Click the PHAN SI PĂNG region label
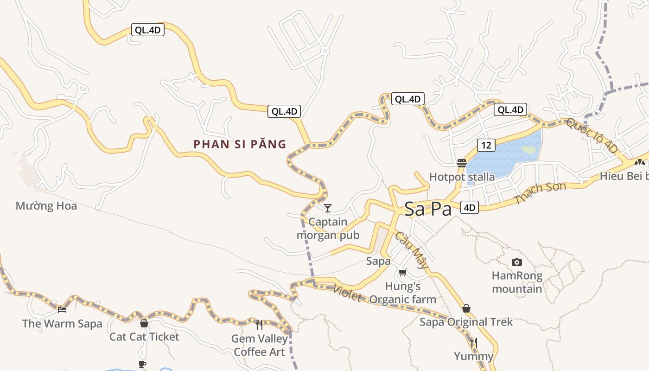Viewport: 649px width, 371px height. pos(240,144)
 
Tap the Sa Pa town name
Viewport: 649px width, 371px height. pos(428,209)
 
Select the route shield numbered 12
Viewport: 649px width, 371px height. pos(486,145)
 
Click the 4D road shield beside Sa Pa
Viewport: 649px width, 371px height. pos(470,207)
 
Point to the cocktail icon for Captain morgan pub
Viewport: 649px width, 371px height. pos(328,208)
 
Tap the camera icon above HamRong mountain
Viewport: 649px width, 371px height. pos(517,262)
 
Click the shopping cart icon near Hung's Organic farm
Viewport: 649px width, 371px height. pos(403,272)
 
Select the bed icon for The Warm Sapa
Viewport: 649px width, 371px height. pos(62,309)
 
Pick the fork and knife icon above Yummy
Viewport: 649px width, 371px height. pos(473,343)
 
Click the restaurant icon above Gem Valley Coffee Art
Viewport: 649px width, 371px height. pos(259,325)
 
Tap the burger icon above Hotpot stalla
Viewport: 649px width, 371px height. pos(461,163)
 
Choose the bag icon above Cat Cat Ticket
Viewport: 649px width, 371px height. pos(144,323)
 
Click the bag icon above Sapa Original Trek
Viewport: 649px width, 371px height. pos(466,308)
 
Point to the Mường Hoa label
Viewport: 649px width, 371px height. pos(46,206)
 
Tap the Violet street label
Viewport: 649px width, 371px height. pos(347,293)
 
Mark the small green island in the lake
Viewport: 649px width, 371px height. pos(528,150)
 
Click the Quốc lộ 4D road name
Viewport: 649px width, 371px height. pos(592,135)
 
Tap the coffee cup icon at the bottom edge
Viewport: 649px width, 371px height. pos(142,364)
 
